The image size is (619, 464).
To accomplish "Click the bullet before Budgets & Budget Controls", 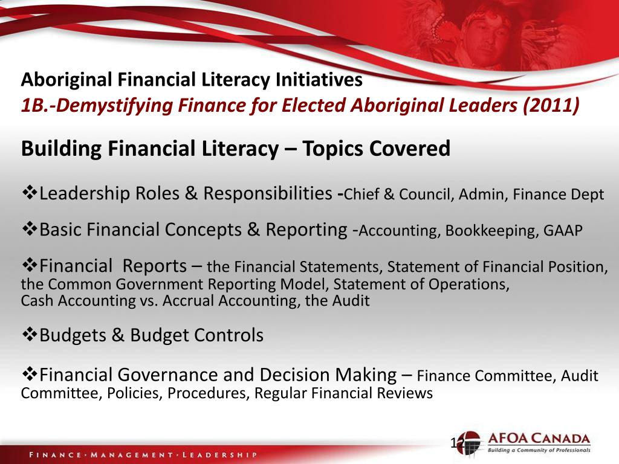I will [x=30, y=335].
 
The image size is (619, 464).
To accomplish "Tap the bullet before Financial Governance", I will [x=30, y=375].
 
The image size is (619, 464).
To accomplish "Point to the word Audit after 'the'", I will [x=351, y=300].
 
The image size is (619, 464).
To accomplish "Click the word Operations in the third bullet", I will [x=473, y=284].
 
